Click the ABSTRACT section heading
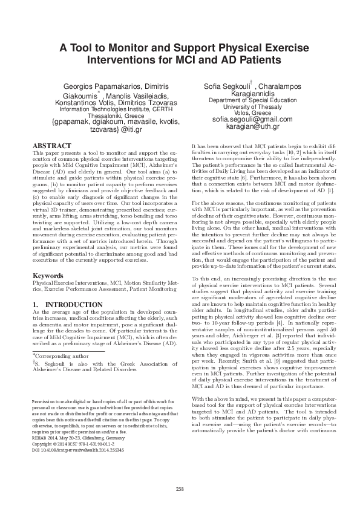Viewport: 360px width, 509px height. tap(47, 146)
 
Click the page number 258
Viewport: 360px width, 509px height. tap(180, 488)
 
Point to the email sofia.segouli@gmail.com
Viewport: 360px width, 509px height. tap(244, 120)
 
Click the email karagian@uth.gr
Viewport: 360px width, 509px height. tap(244, 127)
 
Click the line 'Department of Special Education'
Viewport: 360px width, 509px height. tap(244, 100)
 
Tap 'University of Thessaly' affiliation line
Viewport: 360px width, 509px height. tap(244, 106)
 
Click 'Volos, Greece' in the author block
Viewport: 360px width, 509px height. tap(244, 113)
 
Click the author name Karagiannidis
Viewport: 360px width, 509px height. tap(244, 94)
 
